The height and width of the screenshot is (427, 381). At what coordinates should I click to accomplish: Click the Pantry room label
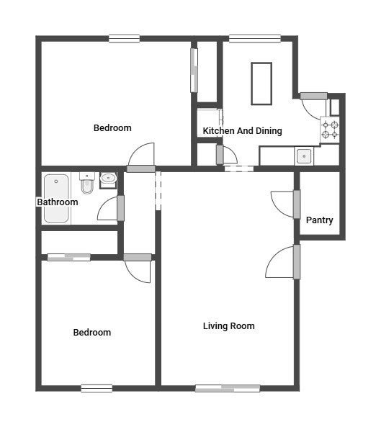coord(319,220)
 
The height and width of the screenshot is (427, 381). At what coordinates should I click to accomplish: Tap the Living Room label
coord(229,326)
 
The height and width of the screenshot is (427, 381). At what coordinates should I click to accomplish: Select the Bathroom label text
coord(58,202)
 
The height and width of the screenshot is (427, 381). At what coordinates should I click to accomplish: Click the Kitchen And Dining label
coord(243,131)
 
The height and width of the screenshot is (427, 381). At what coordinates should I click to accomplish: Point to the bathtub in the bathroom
coord(56,198)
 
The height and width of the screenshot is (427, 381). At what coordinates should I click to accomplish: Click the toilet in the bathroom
coord(87,182)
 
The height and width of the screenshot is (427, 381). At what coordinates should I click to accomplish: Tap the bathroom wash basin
coord(108,179)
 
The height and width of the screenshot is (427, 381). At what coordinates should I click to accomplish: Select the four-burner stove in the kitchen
coord(330,130)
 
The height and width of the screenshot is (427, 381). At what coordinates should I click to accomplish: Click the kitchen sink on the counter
coord(304,156)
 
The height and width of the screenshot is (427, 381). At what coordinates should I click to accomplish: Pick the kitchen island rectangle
coord(261,84)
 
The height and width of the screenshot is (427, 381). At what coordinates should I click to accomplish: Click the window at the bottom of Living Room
coord(228,389)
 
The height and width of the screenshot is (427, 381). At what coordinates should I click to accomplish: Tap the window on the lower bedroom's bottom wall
coord(97,388)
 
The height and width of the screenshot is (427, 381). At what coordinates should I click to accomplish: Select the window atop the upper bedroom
coord(124,39)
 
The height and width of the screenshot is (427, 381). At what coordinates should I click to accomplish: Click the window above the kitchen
coord(255,39)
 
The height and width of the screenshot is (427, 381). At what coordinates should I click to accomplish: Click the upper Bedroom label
coord(112,128)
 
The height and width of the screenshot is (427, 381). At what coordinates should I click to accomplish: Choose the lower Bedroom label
coord(92,333)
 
